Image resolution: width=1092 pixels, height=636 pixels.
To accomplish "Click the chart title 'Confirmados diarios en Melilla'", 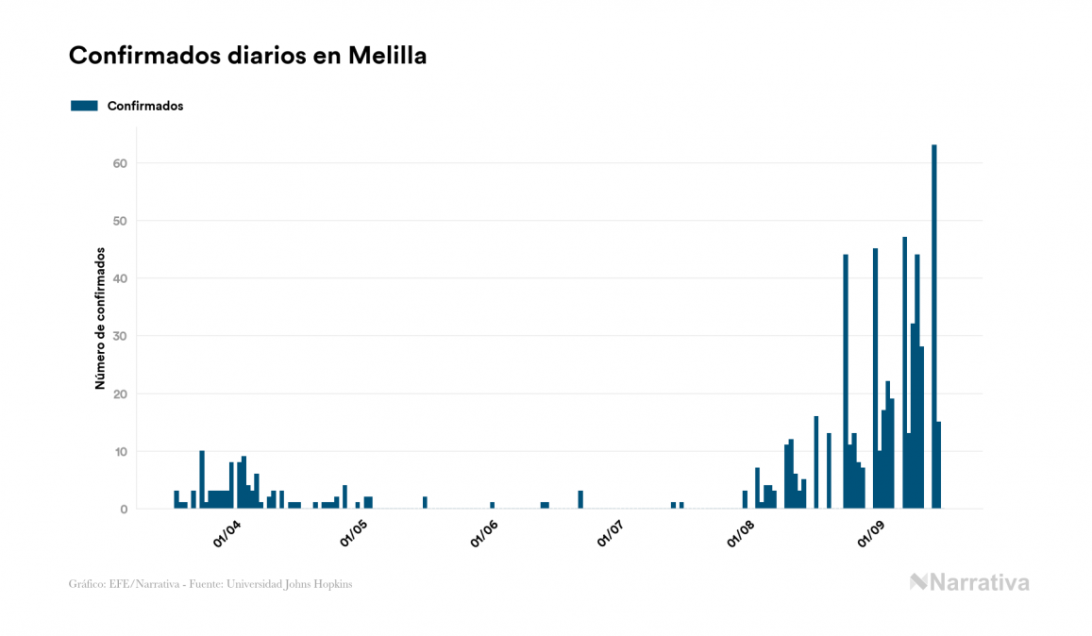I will click(247, 56).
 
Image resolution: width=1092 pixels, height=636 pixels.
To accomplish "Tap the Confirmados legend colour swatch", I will click(84, 106).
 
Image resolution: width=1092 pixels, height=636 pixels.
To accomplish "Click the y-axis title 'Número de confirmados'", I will click(99, 319).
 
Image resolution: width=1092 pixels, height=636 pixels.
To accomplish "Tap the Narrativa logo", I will click(969, 582).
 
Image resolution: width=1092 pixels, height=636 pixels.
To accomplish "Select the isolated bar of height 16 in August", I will click(816, 462).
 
